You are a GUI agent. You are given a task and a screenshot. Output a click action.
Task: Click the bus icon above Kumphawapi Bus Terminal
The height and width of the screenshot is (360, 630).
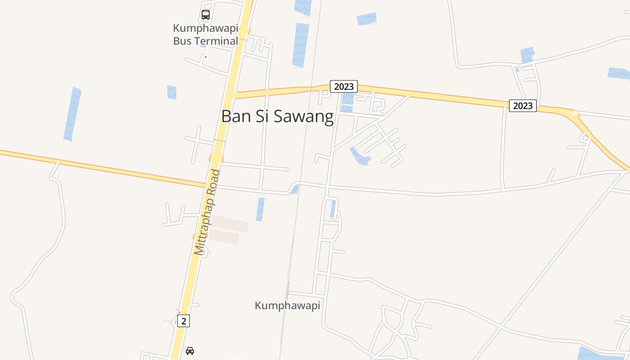click(x=206, y=15)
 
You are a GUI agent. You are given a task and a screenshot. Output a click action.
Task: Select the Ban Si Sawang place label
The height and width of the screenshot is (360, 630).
click(x=277, y=117)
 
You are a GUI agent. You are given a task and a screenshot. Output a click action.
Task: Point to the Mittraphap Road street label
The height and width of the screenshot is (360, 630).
click(x=207, y=212)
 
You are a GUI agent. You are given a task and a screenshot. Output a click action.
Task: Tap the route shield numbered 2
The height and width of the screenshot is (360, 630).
click(x=184, y=321)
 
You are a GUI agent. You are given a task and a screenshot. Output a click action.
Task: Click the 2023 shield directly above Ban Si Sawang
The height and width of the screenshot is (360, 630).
click(x=344, y=86)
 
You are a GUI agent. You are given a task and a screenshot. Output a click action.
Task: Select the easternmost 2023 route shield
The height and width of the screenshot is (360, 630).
click(x=523, y=106)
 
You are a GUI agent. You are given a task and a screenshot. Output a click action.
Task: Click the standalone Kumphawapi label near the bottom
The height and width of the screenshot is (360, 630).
click(x=287, y=306)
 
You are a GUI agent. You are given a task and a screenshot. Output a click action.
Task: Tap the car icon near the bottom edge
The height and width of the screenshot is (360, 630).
click(x=190, y=351)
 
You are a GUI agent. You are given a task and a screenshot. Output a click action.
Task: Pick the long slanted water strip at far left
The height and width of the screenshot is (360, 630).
click(x=72, y=114)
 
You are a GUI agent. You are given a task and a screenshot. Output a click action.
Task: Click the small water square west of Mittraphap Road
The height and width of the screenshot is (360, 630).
click(x=171, y=92)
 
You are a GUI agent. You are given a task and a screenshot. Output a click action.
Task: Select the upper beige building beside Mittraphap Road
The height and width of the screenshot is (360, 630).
click(x=230, y=224)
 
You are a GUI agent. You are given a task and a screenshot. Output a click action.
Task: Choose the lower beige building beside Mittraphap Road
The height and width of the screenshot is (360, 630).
click(x=224, y=237)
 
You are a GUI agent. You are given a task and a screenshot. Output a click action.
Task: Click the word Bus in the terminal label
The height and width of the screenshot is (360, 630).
click(x=182, y=41)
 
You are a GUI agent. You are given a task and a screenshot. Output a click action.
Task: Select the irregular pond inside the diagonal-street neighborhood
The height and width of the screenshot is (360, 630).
click(x=360, y=157)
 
